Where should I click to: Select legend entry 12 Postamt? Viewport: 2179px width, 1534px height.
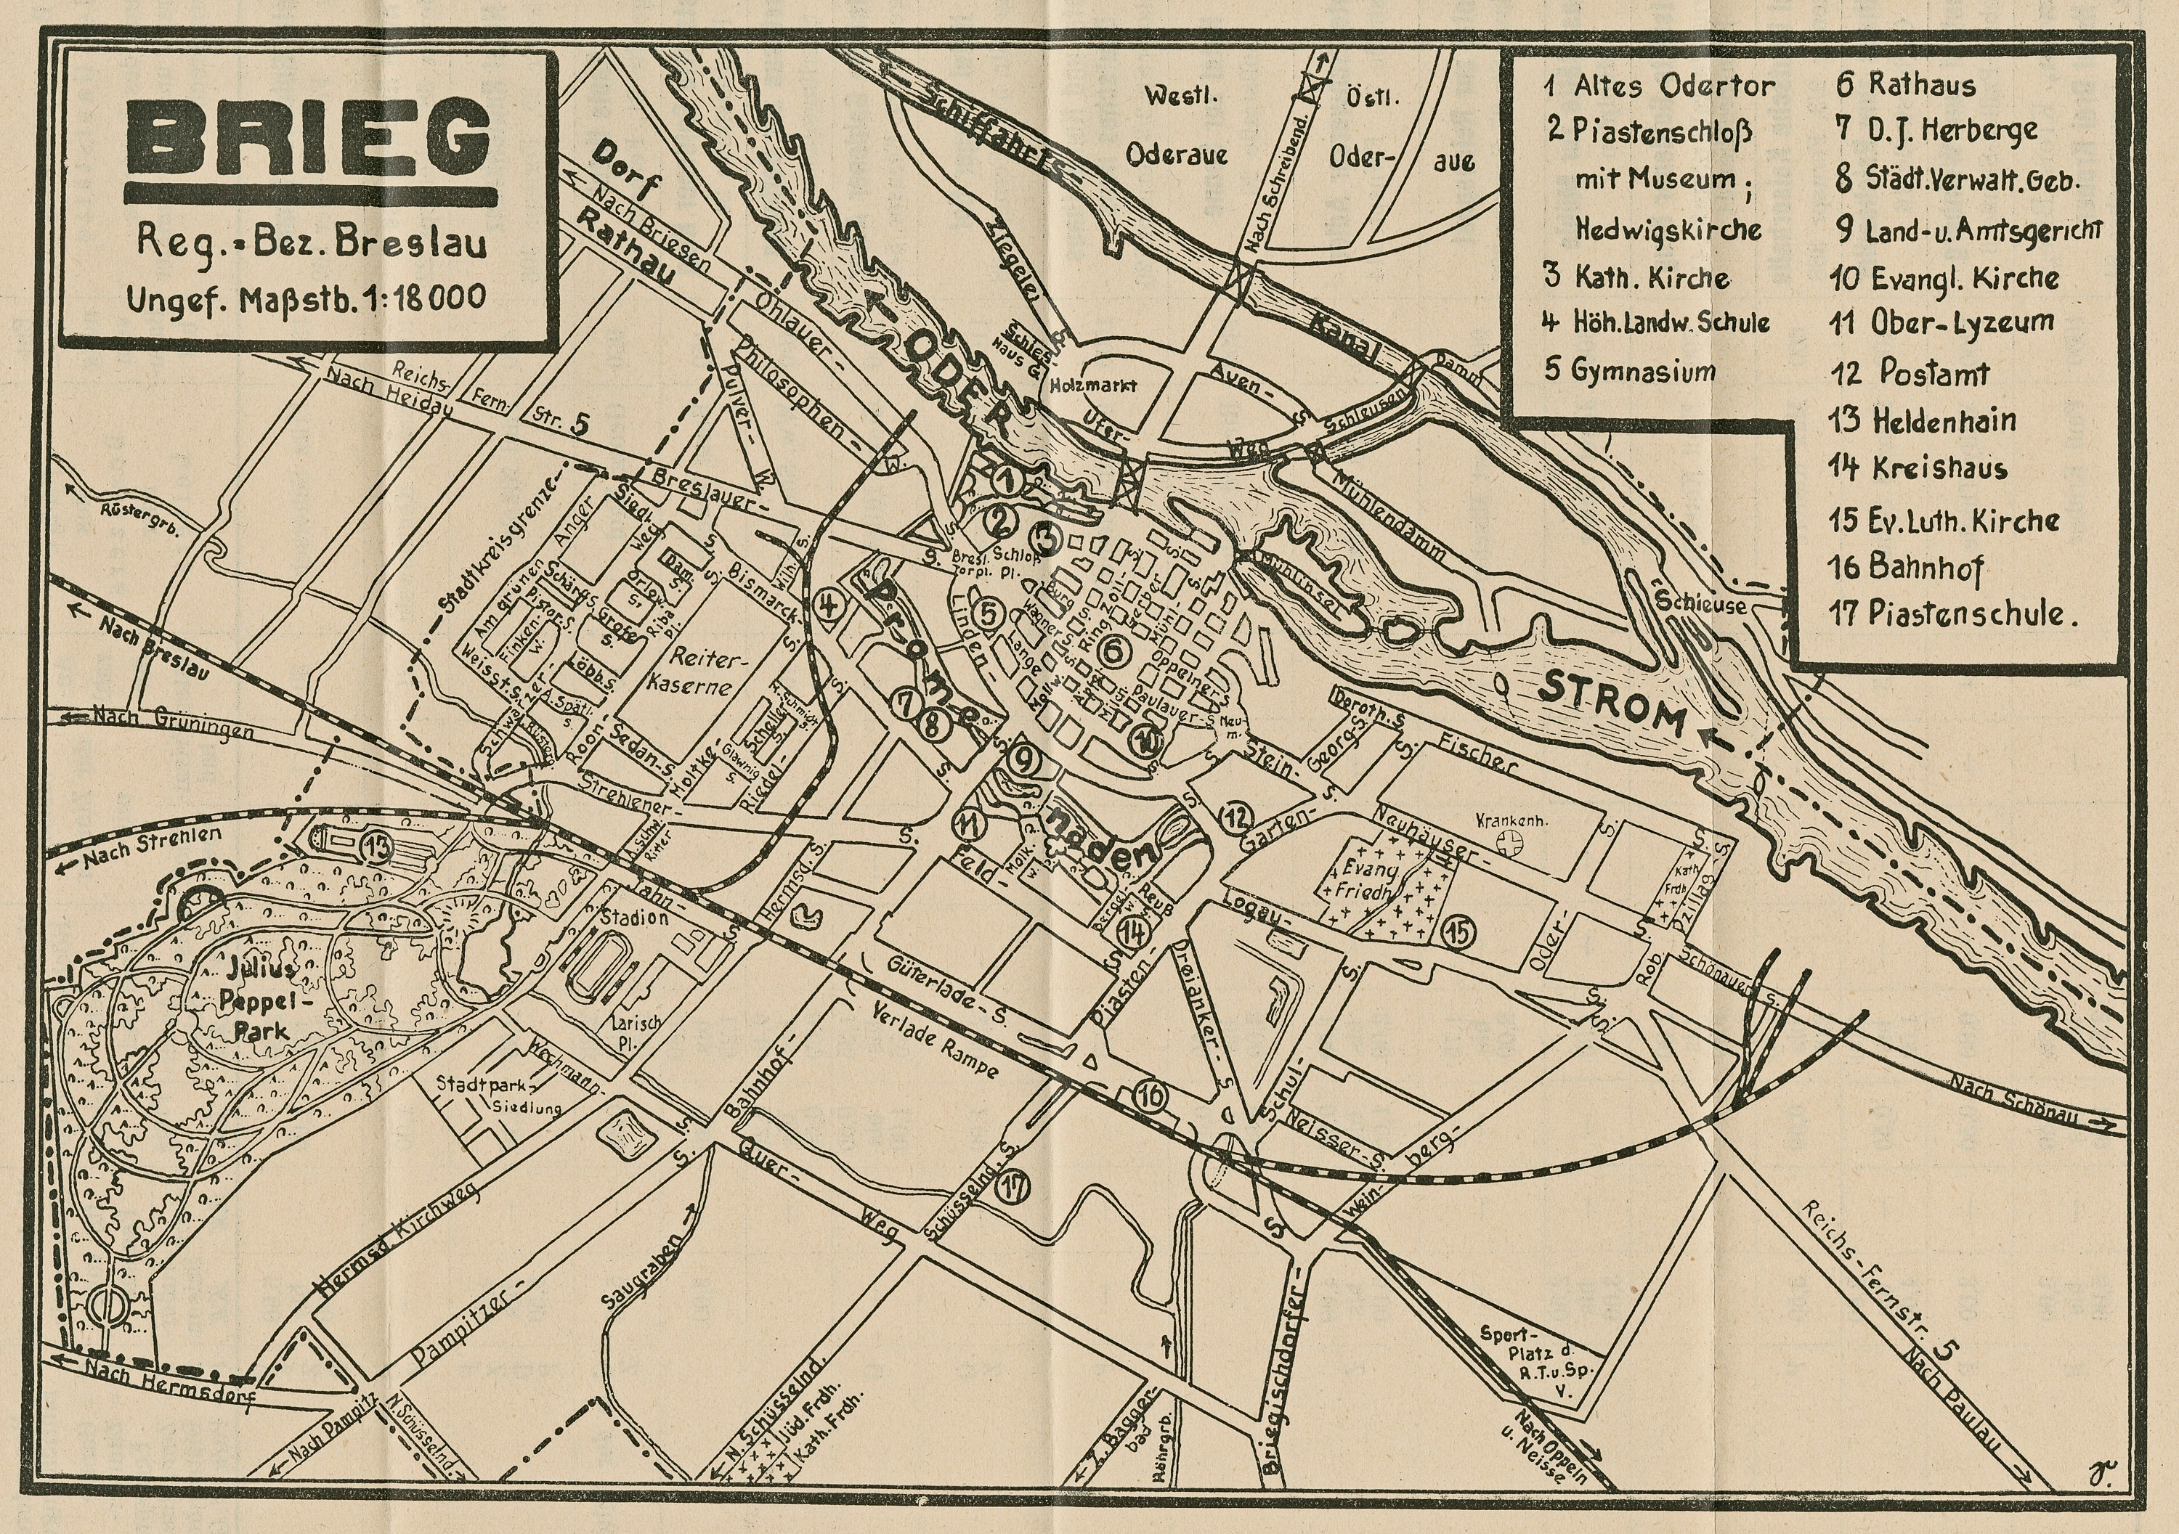tap(1910, 373)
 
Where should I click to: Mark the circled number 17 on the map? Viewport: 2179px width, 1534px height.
tap(1013, 1187)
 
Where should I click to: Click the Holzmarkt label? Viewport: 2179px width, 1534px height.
tap(1092, 385)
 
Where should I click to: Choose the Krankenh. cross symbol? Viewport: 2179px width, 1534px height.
tap(1508, 841)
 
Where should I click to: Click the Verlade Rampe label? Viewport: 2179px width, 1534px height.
tap(935, 1040)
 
